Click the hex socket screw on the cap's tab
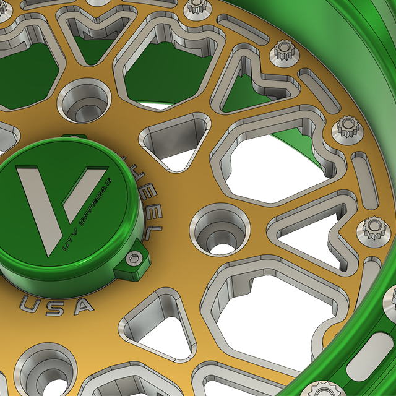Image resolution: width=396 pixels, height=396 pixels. point(131,259)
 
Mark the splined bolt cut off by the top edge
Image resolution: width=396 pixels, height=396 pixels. point(197,7)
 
